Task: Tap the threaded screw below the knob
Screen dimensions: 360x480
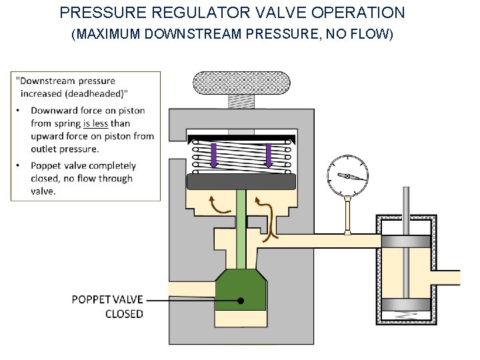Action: (241, 101)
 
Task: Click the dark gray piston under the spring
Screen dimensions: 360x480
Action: (241, 181)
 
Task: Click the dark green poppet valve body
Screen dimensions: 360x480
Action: (241, 290)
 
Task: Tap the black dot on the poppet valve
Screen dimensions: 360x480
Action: (241, 301)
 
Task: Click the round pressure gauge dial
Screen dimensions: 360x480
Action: (347, 175)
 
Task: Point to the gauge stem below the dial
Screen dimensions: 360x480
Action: (347, 215)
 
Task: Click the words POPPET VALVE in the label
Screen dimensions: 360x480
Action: (107, 299)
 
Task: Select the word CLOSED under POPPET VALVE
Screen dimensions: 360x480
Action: (124, 314)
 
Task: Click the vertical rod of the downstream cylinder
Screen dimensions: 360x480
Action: (405, 210)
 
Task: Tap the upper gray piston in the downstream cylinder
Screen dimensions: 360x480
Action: (405, 242)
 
